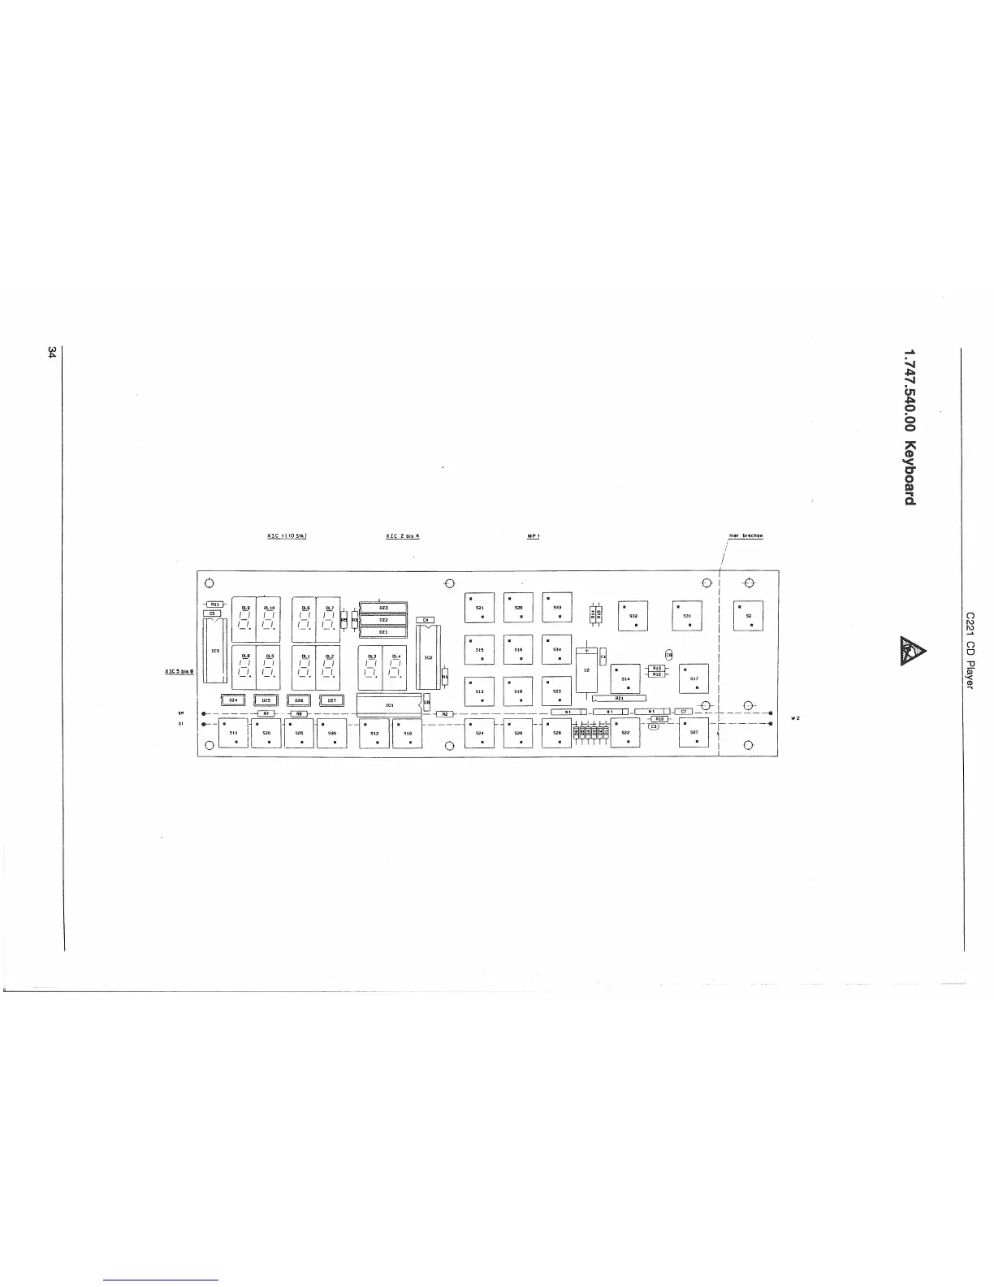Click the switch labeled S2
click(x=749, y=616)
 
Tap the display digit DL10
click(x=268, y=620)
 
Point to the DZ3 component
click(x=382, y=607)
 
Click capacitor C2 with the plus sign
click(x=586, y=669)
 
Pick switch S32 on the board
click(x=633, y=616)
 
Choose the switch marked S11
click(x=234, y=733)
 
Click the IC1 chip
click(x=389, y=704)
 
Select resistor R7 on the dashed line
click(x=266, y=713)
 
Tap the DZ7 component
click(x=331, y=700)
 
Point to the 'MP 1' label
click(x=534, y=536)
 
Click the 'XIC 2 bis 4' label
click(x=402, y=536)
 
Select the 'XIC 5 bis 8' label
click(x=179, y=671)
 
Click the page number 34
click(x=52, y=353)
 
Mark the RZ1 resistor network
click(x=619, y=698)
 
